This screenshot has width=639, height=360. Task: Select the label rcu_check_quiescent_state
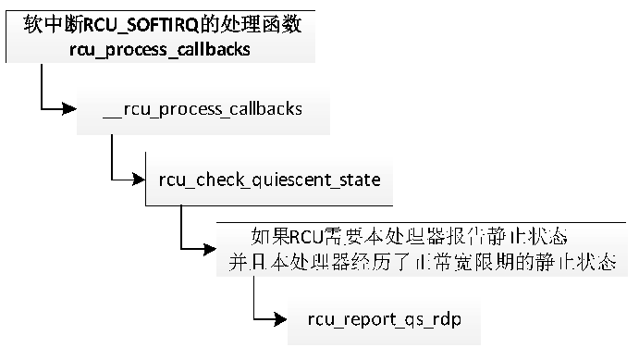[x=269, y=179]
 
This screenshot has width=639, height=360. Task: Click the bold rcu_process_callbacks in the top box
[x=159, y=49]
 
